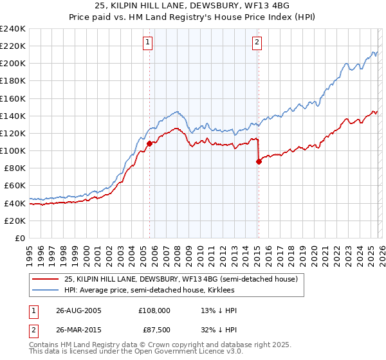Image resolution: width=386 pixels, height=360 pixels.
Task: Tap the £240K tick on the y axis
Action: pyautogui.click(x=13, y=29)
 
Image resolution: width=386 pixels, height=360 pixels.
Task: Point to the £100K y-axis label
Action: pyautogui.click(x=13, y=150)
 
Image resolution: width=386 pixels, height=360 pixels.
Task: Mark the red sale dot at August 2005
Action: pyautogui.click(x=150, y=143)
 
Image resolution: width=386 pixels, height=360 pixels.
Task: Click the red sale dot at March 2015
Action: pyautogui.click(x=259, y=162)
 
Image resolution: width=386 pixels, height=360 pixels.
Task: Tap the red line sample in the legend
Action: pyautogui.click(x=46, y=280)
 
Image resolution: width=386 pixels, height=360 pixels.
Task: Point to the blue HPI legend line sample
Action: pyautogui.click(x=46, y=291)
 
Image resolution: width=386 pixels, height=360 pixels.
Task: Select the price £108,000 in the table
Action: pyautogui.click(x=154, y=310)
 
